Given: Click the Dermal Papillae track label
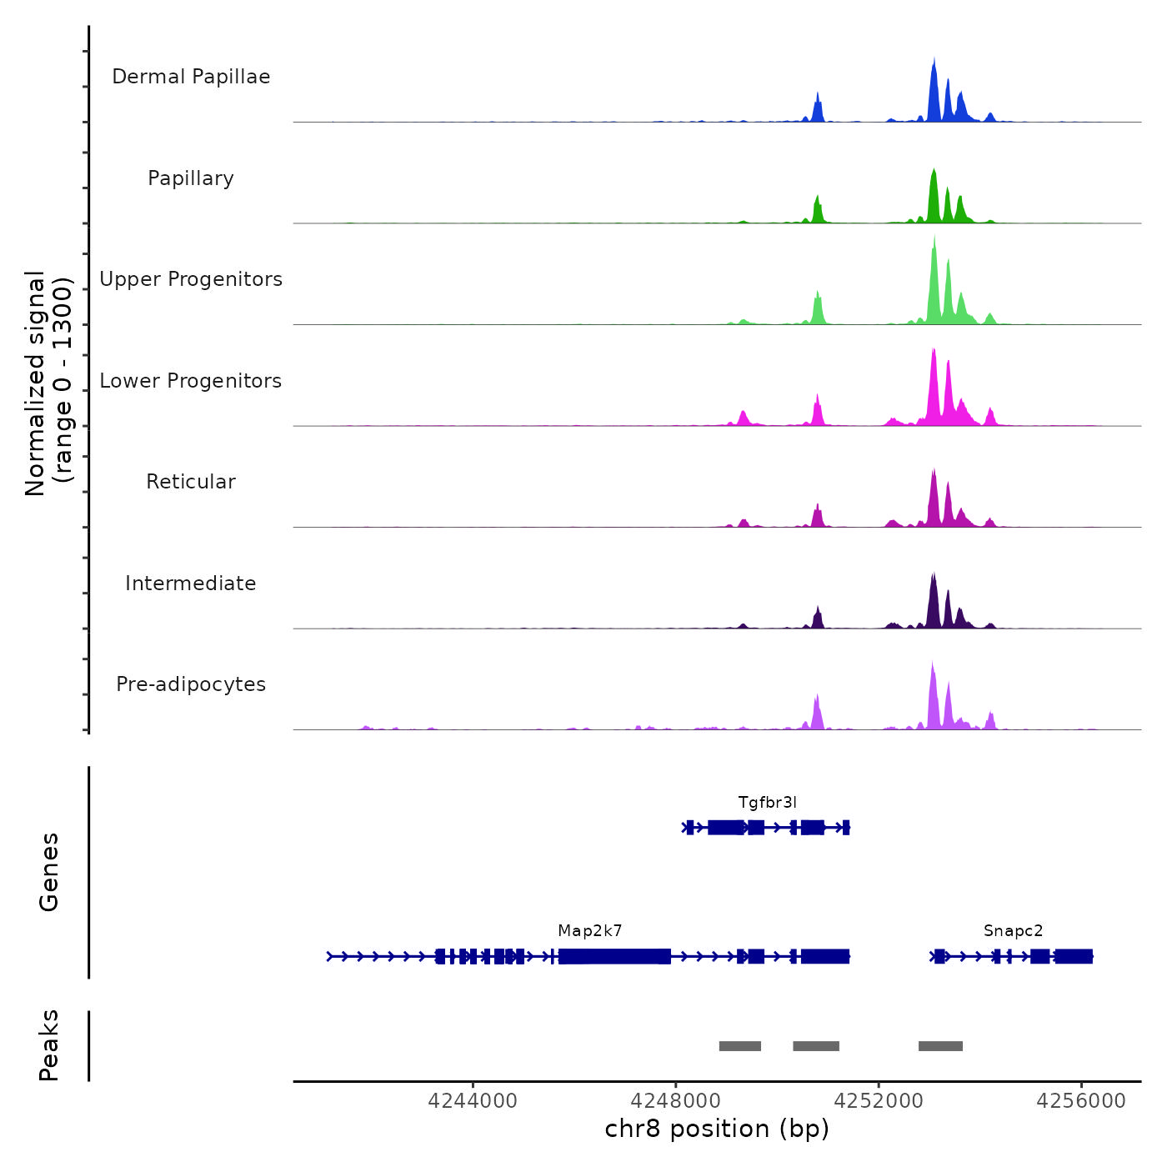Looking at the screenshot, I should [x=191, y=77].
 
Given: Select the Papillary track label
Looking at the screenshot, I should [x=191, y=178].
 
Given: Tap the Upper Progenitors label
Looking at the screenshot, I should [x=191, y=279].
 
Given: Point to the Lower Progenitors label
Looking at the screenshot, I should [x=191, y=381].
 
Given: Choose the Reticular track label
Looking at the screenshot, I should [x=191, y=482].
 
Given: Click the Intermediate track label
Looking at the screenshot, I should [x=191, y=583].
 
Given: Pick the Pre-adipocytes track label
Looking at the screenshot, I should [x=191, y=684].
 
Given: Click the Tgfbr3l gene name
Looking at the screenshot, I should [x=767, y=803].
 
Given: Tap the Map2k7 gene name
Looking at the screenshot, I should [x=590, y=931].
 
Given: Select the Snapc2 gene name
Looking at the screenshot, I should [x=1013, y=931].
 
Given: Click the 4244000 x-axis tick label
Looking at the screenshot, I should [x=473, y=1101].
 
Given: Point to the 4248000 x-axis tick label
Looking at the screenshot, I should [x=676, y=1101].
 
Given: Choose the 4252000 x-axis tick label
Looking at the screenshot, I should [x=879, y=1101].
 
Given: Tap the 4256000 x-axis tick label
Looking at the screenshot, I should [x=1081, y=1101].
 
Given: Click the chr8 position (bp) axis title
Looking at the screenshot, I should [x=717, y=1129].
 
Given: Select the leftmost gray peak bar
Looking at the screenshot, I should [x=740, y=1046].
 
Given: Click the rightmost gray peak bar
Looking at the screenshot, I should [x=940, y=1046].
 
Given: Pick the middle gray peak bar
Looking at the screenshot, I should [x=816, y=1046].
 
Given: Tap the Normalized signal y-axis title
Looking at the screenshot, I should [x=48, y=383].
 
